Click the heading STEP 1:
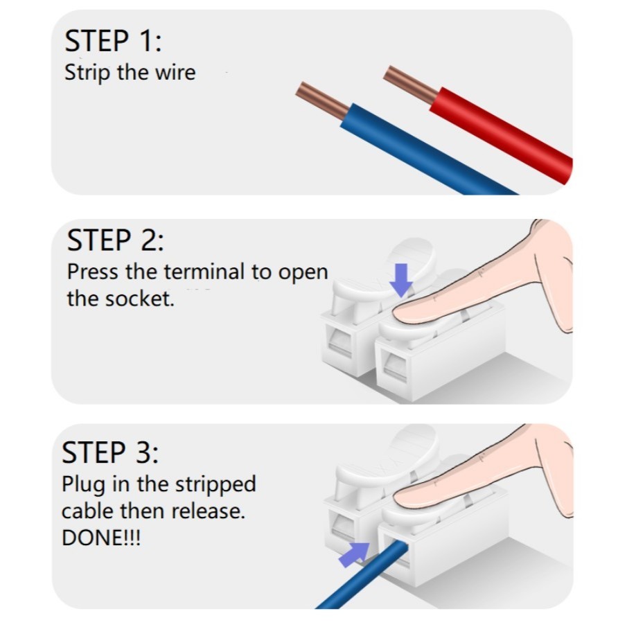pyautogui.click(x=113, y=41)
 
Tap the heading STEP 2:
pyautogui.click(x=115, y=240)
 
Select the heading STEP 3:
pyautogui.click(x=110, y=452)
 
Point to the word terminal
pyautogui.click(x=204, y=272)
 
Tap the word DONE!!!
pyautogui.click(x=101, y=538)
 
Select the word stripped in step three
pyautogui.click(x=215, y=485)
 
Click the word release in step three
pyautogui.click(x=208, y=511)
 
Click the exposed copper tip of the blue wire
pyautogui.click(x=322, y=100)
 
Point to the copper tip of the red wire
pyautogui.click(x=411, y=85)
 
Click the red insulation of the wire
pyautogui.click(x=502, y=135)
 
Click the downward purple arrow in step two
pyautogui.click(x=401, y=280)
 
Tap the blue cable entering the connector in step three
pyautogui.click(x=362, y=574)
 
